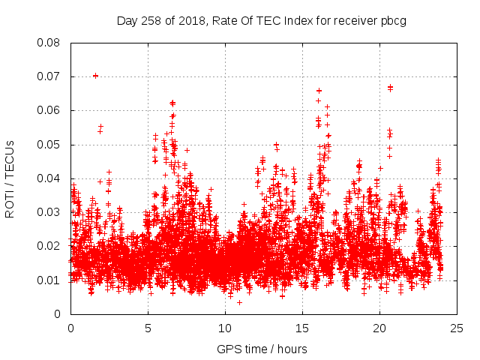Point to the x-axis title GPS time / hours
[262, 349]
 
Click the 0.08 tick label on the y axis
[49, 43]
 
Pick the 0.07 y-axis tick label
[49, 76]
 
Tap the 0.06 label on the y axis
[49, 110]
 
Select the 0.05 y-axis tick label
[49, 144]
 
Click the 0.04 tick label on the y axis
[49, 178]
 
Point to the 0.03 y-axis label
[49, 212]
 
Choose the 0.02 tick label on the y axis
[49, 246]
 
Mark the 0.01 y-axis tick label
[49, 280]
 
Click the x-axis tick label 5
[148, 328]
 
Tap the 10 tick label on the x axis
[225, 328]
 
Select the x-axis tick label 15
[302, 328]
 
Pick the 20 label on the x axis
[379, 328]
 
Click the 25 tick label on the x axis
[457, 328]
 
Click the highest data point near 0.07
[95, 76]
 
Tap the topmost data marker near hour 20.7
[390, 86]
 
